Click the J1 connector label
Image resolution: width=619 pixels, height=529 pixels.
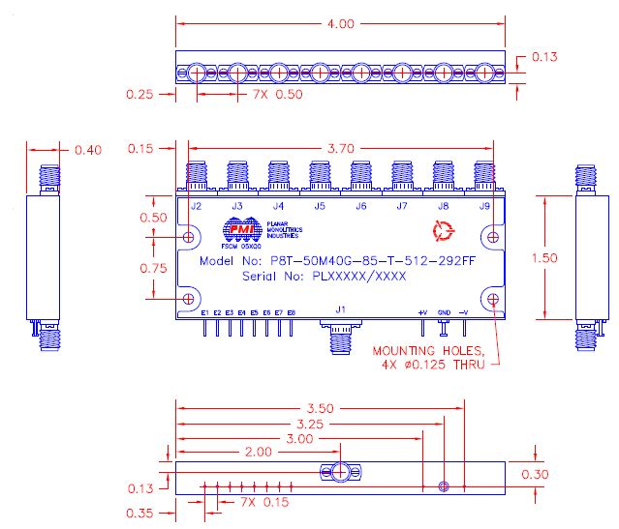click(x=339, y=311)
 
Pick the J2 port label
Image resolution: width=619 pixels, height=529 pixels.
click(x=196, y=207)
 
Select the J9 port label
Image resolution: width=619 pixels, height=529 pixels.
click(x=483, y=207)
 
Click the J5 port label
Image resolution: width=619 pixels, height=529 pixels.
click(x=320, y=207)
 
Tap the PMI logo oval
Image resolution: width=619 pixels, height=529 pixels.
click(x=236, y=228)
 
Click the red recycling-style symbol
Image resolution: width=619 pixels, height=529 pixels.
click(x=444, y=230)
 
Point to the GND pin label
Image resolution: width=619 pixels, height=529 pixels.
click(x=444, y=312)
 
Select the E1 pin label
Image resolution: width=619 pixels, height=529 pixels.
click(x=204, y=312)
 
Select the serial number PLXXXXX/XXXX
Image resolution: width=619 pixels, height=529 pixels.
click(x=358, y=277)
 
